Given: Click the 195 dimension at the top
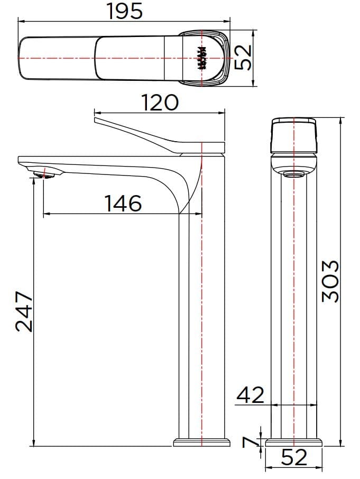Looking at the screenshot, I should [125, 11].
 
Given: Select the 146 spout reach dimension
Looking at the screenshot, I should [123, 203].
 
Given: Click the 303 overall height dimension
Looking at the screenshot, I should [331, 281].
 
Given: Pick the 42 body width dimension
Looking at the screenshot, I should [250, 394].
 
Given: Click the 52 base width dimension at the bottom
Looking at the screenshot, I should [294, 458].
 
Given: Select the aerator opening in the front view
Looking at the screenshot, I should [294, 175].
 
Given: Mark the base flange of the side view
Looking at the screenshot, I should [202, 442].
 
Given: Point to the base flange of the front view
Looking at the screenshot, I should [294, 442].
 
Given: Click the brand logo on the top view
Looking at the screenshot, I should [201, 58].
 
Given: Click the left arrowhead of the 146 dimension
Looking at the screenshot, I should [45, 214].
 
